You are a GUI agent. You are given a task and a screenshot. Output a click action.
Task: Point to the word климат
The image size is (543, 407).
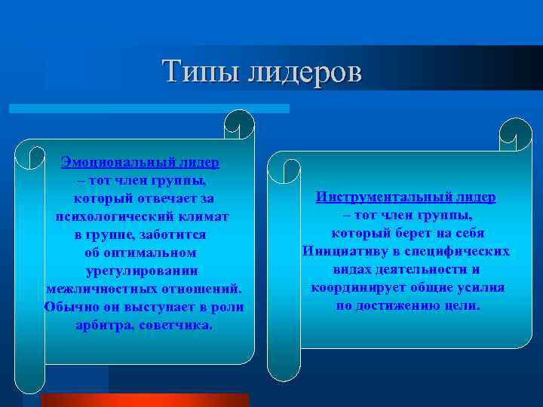point(205,216)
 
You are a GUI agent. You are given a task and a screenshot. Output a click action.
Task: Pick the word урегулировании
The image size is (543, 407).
point(143,271)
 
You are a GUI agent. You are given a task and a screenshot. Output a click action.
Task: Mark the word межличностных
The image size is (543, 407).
point(100,289)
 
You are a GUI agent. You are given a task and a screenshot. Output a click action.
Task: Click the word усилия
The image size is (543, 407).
point(483,288)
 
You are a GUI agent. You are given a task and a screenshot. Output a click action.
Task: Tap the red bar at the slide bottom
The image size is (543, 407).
point(143,400)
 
